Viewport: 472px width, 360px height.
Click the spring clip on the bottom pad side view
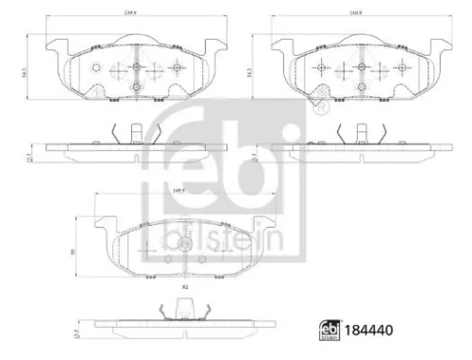[x=186, y=309]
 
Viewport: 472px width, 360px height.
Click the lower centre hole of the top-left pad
[x=136, y=87]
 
